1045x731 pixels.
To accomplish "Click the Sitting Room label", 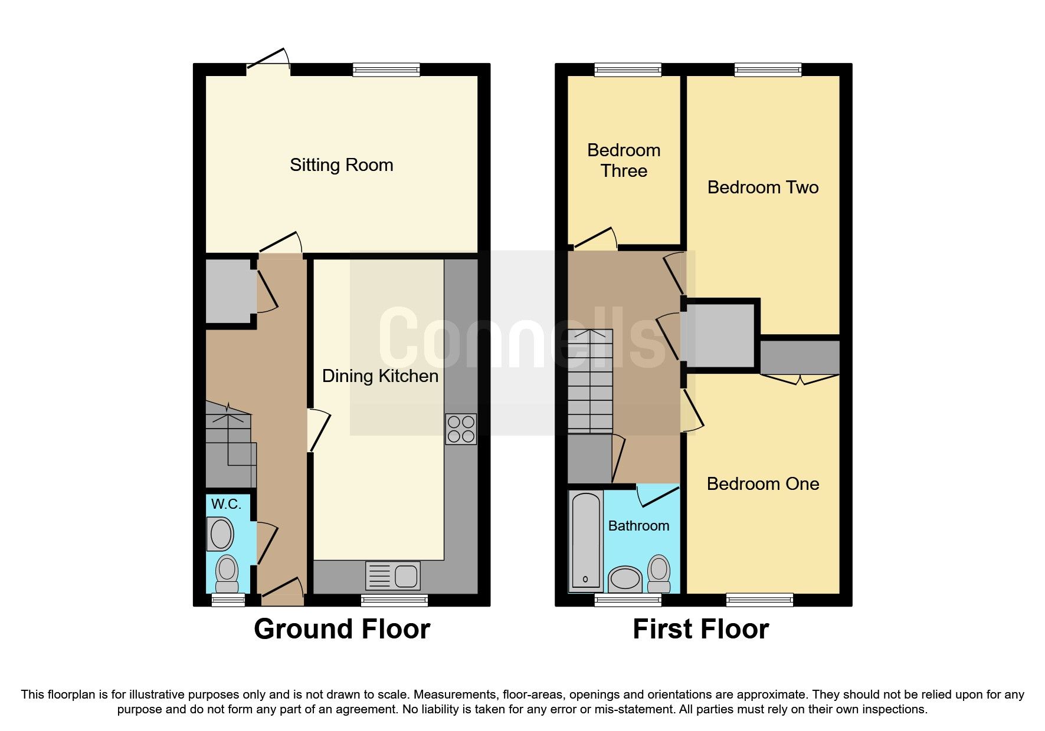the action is tap(341, 165).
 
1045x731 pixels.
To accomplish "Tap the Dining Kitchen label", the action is tap(380, 376).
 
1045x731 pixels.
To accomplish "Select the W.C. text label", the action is tap(226, 504).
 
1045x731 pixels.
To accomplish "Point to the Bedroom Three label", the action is tap(624, 160).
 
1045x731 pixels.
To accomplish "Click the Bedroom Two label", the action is tap(763, 187).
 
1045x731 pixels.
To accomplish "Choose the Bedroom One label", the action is tap(763, 484).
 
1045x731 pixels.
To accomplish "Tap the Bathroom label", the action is tap(638, 526).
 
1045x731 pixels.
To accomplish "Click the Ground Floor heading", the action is tap(342, 629).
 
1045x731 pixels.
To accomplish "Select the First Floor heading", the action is tap(701, 629).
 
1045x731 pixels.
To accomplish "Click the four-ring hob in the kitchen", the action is tap(461, 429).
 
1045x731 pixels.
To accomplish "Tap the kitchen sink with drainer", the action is tap(393, 576).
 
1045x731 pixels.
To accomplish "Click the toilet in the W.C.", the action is tap(227, 574).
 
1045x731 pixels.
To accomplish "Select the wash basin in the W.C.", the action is tap(221, 534).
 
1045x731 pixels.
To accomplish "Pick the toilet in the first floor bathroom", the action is tap(659, 574).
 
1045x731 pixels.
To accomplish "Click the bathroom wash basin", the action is tap(625, 579).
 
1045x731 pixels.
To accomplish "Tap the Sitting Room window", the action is tap(386, 70).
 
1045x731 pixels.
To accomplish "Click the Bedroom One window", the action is tap(760, 600).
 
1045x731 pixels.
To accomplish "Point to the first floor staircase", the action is tap(590, 381).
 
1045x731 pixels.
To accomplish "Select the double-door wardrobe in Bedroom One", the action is tap(800, 357).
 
